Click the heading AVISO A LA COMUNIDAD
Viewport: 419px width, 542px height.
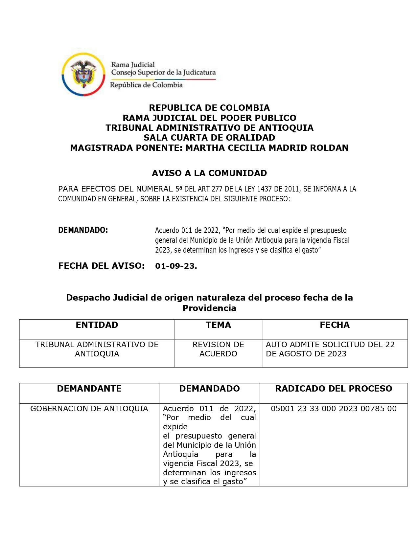point(209,173)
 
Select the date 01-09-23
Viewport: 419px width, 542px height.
point(176,266)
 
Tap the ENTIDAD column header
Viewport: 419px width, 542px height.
point(97,325)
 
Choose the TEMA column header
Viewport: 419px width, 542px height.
point(218,325)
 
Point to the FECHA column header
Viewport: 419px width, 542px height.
point(335,325)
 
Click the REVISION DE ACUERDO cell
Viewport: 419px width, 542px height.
point(218,349)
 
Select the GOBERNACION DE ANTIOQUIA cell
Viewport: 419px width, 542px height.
point(89,409)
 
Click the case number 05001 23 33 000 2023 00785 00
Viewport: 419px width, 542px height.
point(334,409)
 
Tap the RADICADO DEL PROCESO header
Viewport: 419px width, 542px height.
point(334,389)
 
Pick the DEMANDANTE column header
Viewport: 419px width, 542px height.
point(89,389)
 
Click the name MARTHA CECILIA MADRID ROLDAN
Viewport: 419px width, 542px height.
point(267,148)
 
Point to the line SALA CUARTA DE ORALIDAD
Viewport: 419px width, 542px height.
point(209,138)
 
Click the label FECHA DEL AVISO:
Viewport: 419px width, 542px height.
point(101,266)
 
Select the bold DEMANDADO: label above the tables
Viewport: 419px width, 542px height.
point(83,230)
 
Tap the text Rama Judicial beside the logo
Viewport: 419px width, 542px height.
point(133,65)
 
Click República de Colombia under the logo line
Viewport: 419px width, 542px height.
point(146,85)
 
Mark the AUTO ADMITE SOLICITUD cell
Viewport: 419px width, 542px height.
point(330,349)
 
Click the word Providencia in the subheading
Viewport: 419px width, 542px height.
point(209,308)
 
